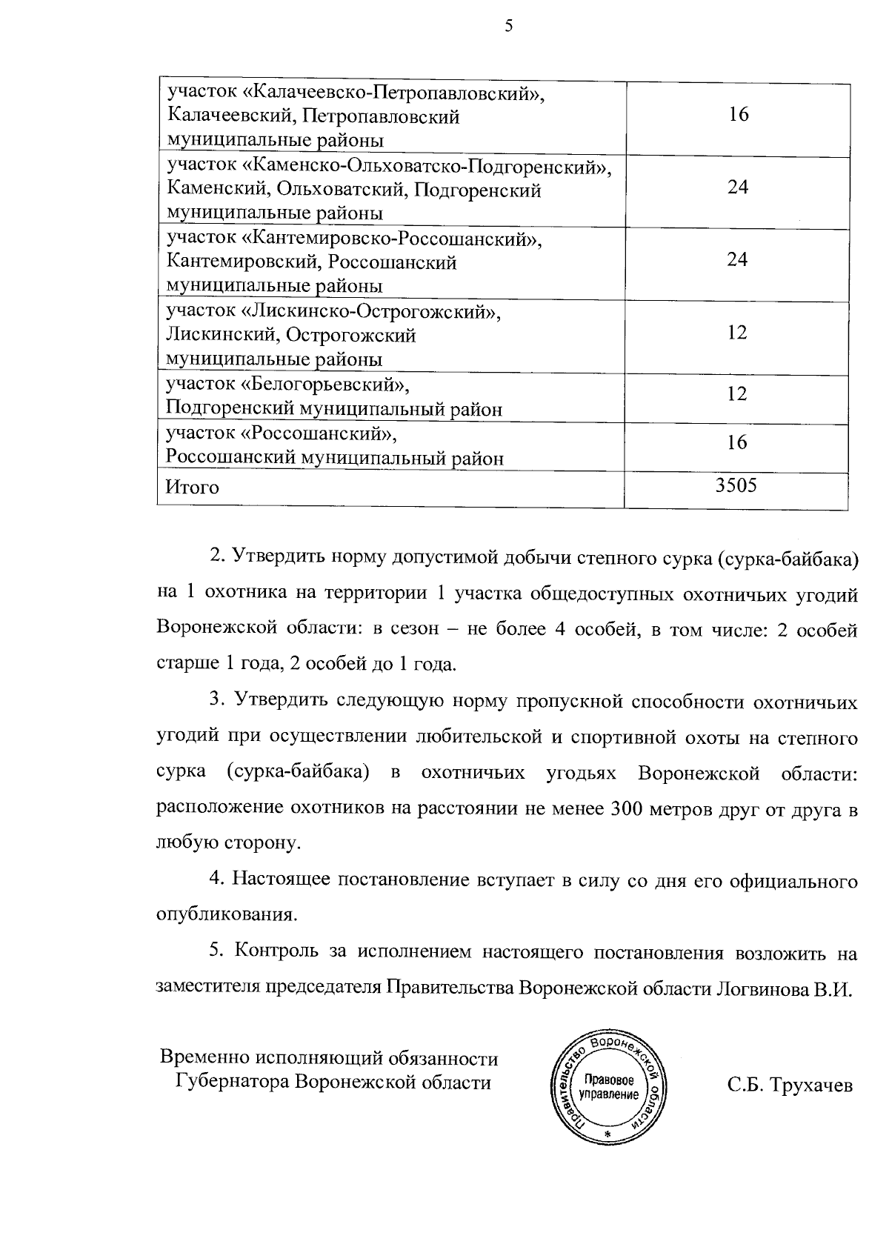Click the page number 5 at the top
[x=508, y=27]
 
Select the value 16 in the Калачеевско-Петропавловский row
[x=738, y=114]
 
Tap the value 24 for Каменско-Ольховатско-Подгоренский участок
[x=737, y=187]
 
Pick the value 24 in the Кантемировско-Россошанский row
[x=737, y=259]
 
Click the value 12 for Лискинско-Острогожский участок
[x=737, y=332]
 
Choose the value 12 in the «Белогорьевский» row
[x=737, y=393]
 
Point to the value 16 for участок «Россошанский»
[x=737, y=442]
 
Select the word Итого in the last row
[x=193, y=488]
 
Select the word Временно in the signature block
[x=204, y=1057]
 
